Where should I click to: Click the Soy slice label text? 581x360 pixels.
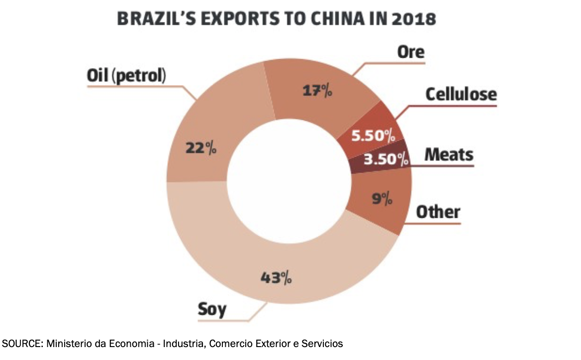point(212,309)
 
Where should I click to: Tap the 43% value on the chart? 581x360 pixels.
point(277,277)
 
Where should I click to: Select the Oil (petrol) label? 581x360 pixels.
point(126,77)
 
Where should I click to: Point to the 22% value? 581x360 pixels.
point(200,148)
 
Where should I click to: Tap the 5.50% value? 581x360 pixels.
point(373,135)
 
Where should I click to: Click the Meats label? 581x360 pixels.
point(449,155)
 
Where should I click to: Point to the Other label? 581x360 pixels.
point(438,212)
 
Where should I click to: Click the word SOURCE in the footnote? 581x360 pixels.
point(18,344)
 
